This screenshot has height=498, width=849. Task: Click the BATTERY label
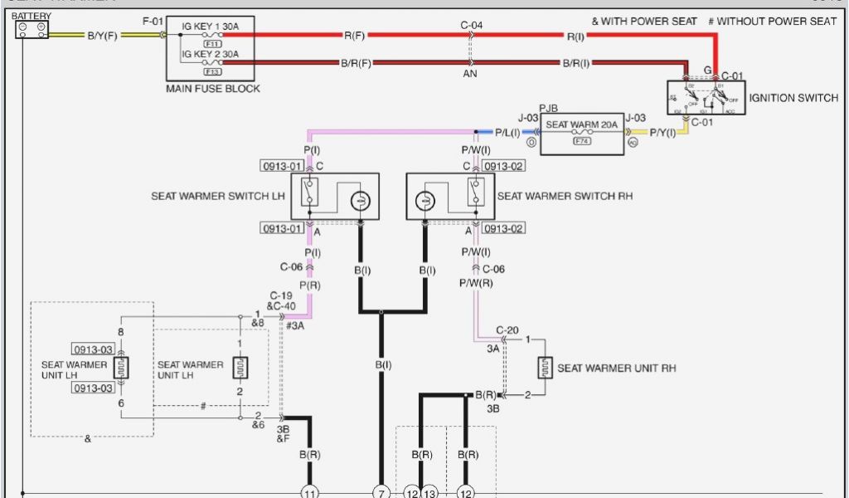click(x=32, y=16)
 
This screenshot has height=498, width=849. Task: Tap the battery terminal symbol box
click(x=32, y=30)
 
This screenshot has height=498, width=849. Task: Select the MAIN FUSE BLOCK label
click(x=213, y=89)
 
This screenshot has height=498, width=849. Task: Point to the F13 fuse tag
click(x=212, y=71)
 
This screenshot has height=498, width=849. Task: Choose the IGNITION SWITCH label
click(x=793, y=98)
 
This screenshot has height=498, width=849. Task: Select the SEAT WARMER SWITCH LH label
click(x=218, y=197)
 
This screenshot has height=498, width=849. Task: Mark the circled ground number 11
click(x=309, y=491)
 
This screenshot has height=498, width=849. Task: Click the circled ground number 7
click(x=381, y=491)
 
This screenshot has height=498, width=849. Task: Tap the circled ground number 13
click(x=429, y=491)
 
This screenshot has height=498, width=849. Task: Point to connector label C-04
click(x=472, y=25)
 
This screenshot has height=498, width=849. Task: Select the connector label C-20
click(x=507, y=330)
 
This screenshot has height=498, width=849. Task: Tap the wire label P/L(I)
click(x=507, y=132)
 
